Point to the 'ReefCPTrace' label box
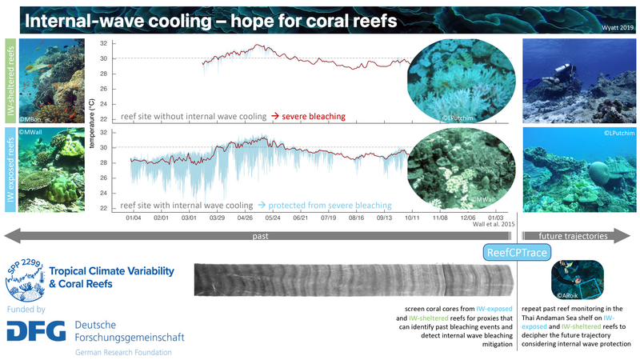(516, 254)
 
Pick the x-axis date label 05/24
(272, 217)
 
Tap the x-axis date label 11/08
(440, 217)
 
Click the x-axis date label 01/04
(133, 217)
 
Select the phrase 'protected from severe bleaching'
(326, 205)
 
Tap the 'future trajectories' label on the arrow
(570, 237)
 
